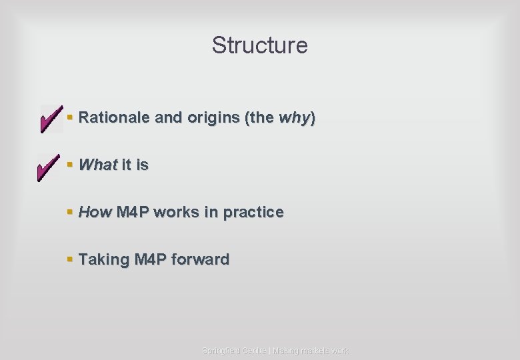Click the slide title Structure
pyautogui.click(x=259, y=45)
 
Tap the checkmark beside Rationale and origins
pyautogui.click(x=51, y=119)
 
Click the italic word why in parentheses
pyautogui.click(x=295, y=119)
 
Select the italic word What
pyautogui.click(x=98, y=165)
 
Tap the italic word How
pyautogui.click(x=95, y=212)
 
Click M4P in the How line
pyautogui.click(x=133, y=212)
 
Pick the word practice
pyautogui.click(x=253, y=212)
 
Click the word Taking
pyautogui.click(x=104, y=259)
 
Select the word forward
pyautogui.click(x=200, y=259)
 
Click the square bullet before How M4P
pyautogui.click(x=70, y=213)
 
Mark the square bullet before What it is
pyautogui.click(x=70, y=165)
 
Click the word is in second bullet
pyautogui.click(x=142, y=165)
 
